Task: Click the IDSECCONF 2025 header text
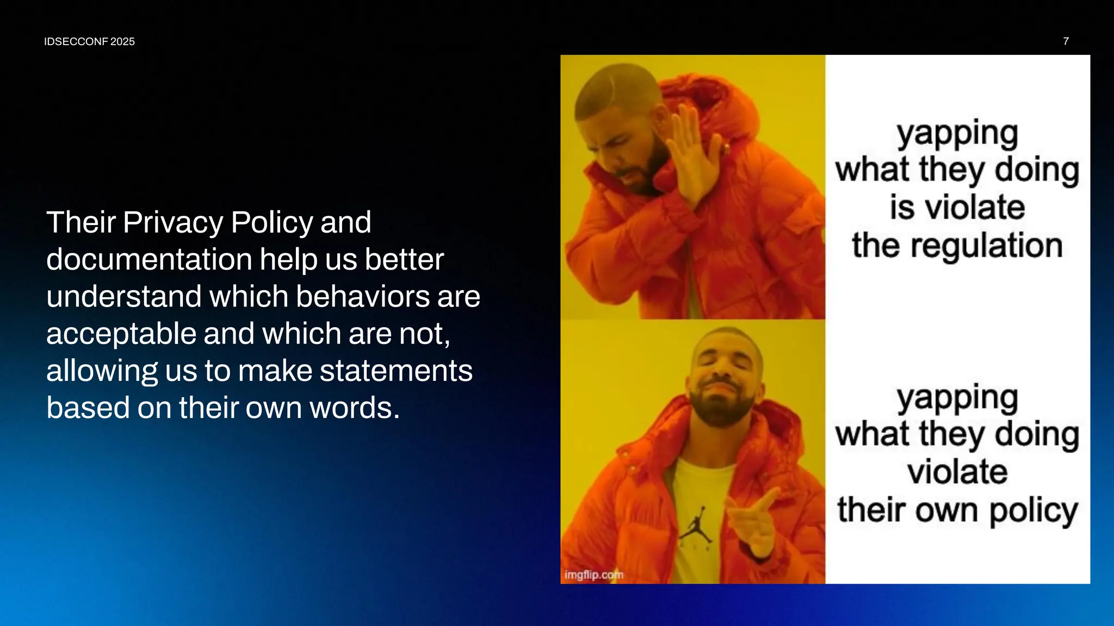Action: coord(89,42)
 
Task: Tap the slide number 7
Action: coord(1066,41)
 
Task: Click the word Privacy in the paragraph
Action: coord(172,223)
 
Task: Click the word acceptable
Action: coord(121,334)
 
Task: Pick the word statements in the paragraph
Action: coord(396,371)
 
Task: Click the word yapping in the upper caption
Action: coord(957,134)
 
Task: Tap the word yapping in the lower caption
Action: coord(957,398)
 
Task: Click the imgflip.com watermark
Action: coord(593,574)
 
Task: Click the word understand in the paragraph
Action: coord(123,297)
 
